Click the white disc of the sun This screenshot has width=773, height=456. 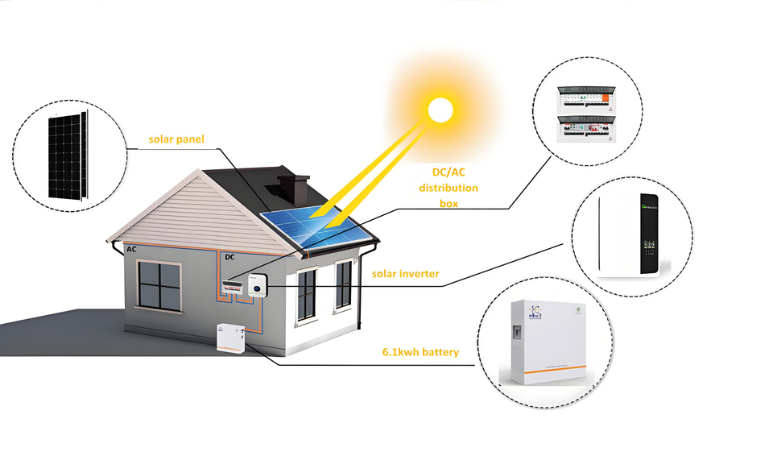440,110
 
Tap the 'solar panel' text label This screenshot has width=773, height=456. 176,139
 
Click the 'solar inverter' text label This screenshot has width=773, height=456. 405,274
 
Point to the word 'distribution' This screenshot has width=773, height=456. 448,188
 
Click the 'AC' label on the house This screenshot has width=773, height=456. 131,251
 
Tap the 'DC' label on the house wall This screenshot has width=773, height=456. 229,257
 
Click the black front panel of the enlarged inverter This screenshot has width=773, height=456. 649,234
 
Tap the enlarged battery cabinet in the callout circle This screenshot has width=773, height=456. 550,342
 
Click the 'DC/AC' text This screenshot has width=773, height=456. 448,172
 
